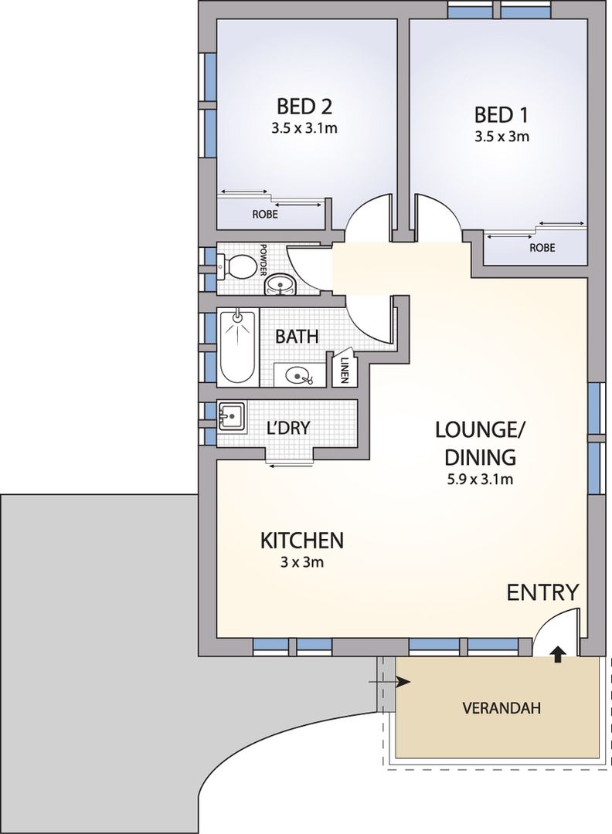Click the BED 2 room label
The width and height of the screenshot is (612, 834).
(x=304, y=106)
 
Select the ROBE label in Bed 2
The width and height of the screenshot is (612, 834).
(x=265, y=215)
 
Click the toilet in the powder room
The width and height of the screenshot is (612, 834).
(x=239, y=267)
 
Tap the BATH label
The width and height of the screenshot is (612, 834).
(x=298, y=337)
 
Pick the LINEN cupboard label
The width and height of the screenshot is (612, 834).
(x=344, y=370)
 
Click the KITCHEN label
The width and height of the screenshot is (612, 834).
(x=301, y=540)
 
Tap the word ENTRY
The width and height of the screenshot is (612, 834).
(x=542, y=592)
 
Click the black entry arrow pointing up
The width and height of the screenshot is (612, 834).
(x=556, y=653)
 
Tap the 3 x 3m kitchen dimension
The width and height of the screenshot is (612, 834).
(x=301, y=562)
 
